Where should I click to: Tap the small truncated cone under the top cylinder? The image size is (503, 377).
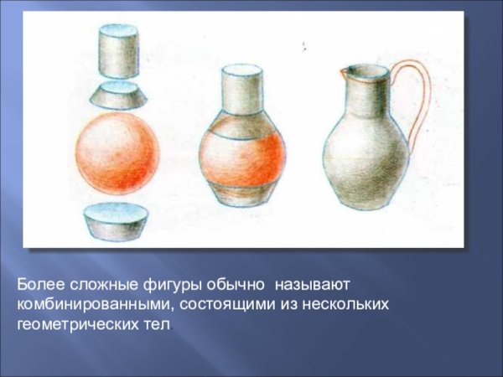(x=118, y=95)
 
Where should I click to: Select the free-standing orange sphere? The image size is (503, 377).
(x=117, y=156)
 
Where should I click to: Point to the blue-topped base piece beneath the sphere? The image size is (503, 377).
(x=117, y=222)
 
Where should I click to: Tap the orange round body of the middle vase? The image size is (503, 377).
(x=242, y=155)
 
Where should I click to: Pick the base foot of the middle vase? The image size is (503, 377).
(x=242, y=196)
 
